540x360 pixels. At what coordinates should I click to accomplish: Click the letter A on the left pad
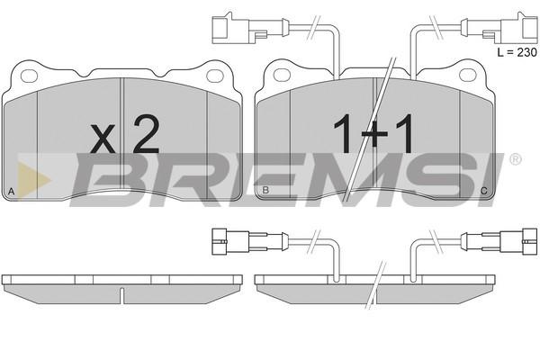(x=12, y=192)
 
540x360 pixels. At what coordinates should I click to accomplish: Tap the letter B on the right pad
(x=265, y=190)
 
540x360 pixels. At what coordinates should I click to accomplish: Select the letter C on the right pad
(x=484, y=191)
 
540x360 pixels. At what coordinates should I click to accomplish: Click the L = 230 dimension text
(x=517, y=52)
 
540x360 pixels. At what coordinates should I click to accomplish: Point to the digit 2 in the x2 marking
(x=147, y=134)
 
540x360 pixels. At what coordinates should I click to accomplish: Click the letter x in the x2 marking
(x=103, y=139)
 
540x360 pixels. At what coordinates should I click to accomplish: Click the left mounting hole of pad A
(x=29, y=76)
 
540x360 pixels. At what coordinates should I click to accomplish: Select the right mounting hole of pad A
(x=215, y=76)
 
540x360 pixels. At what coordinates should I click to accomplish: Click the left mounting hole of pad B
(x=282, y=75)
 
